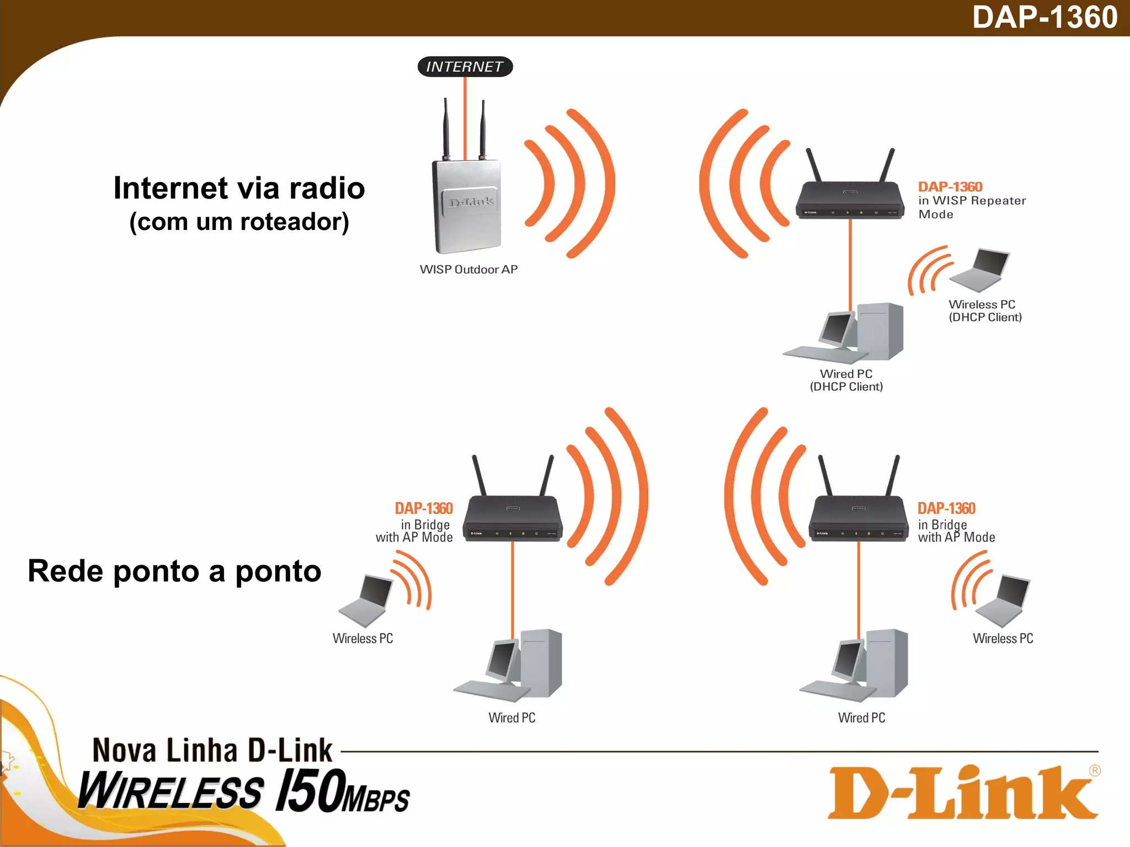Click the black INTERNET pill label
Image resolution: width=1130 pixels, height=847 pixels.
[465, 67]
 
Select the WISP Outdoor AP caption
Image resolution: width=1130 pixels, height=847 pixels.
[468, 270]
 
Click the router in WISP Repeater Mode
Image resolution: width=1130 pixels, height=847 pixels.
[850, 199]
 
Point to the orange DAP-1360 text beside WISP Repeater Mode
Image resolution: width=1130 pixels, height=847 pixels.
[950, 187]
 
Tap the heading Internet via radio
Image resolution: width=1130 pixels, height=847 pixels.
[239, 188]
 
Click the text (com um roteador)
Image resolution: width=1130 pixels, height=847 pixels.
[239, 222]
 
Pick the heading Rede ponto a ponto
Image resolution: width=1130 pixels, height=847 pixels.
[174, 571]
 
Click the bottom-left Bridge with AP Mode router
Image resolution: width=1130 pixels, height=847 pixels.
[513, 518]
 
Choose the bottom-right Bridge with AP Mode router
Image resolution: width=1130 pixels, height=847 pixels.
[859, 518]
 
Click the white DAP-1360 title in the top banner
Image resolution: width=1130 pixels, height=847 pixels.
[1044, 17]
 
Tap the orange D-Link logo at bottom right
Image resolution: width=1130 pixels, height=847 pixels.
[963, 792]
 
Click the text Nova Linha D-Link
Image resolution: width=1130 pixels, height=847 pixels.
[212, 750]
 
